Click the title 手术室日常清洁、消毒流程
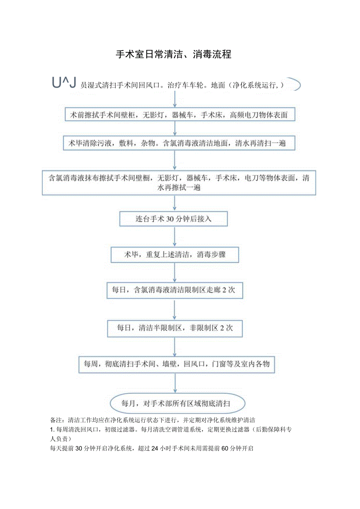[x=173, y=54]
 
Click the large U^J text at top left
[x=63, y=83]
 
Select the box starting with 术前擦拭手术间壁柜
[x=178, y=115]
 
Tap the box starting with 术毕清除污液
[x=178, y=143]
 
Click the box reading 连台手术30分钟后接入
[x=173, y=219]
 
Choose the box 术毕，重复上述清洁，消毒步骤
[x=175, y=255]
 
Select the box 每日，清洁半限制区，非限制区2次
[x=175, y=328]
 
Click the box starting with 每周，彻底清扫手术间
[x=176, y=363]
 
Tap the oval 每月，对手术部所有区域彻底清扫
[x=178, y=403]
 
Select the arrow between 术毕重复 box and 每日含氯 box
[x=175, y=272]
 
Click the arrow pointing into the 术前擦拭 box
[x=175, y=100]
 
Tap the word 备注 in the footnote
[x=56, y=421]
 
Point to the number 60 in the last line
[x=225, y=449]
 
